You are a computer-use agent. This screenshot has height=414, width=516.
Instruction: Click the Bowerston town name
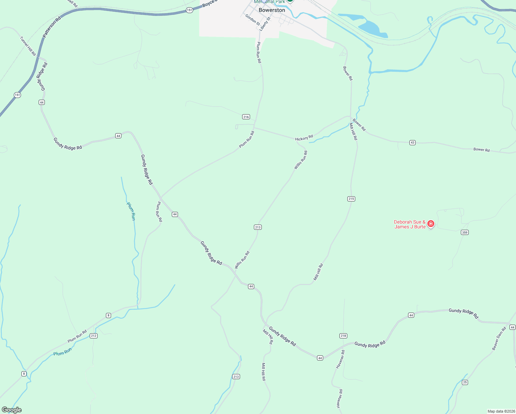272,10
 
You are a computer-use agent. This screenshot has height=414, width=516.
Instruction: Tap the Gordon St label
252,20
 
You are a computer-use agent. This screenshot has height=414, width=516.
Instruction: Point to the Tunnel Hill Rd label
28,46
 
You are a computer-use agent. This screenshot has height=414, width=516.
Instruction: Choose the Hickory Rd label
304,138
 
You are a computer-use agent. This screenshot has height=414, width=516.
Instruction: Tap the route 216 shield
246,117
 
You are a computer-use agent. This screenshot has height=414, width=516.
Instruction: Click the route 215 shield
351,199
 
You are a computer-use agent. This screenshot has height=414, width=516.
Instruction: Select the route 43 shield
413,142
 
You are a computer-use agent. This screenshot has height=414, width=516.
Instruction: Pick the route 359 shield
465,233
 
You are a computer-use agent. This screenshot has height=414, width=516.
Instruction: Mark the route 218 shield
343,336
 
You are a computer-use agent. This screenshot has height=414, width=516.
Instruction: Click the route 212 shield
93,336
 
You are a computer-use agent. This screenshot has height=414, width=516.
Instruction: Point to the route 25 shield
465,382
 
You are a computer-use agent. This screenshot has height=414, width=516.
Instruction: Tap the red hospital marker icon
430,224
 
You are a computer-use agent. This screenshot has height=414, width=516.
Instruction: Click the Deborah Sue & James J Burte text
410,224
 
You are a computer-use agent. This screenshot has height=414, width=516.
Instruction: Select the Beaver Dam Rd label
499,338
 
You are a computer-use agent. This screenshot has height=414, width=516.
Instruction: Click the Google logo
11,410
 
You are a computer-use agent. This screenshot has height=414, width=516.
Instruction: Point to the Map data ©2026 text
501,411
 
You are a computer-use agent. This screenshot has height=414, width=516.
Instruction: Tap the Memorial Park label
269,2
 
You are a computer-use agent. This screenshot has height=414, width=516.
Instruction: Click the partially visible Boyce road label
209,4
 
